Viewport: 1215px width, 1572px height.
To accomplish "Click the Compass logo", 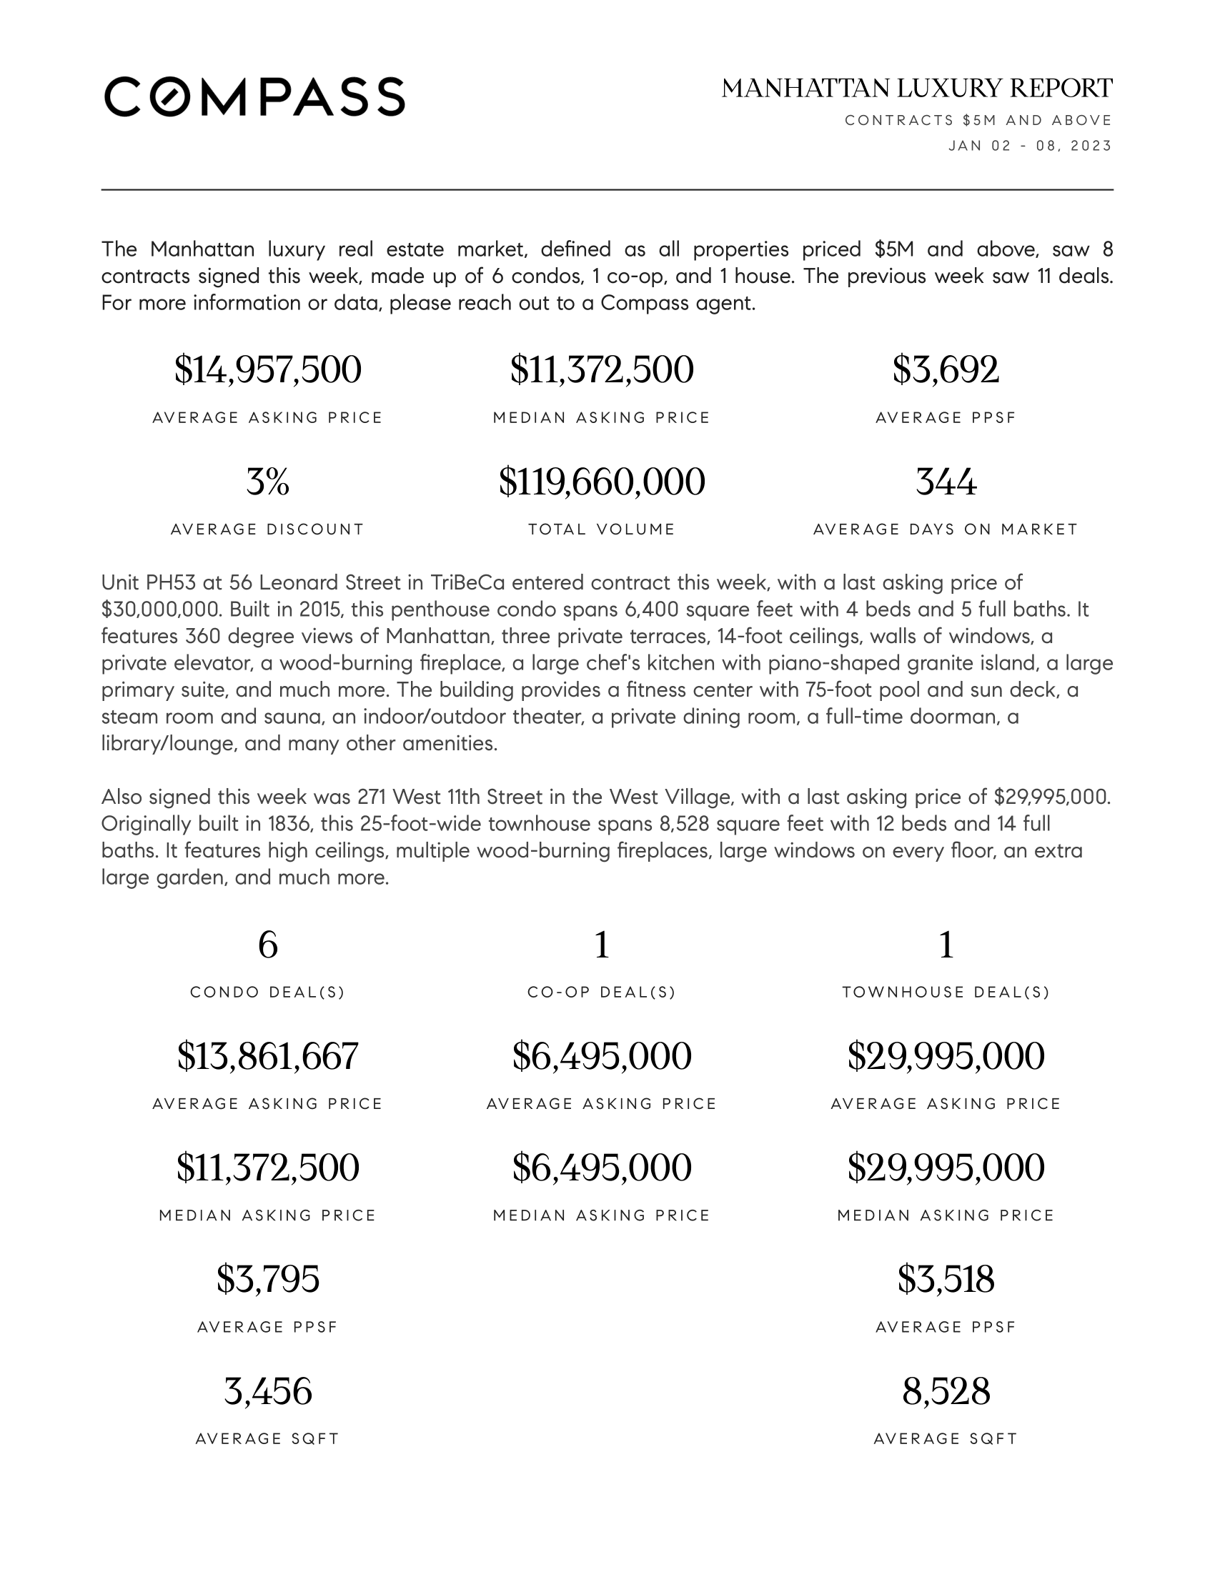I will coord(255,96).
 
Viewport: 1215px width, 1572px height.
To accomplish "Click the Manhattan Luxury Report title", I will coord(917,89).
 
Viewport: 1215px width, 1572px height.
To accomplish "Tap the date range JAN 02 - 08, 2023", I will coord(1030,146).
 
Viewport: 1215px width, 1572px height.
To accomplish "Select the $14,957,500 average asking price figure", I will coord(268,370).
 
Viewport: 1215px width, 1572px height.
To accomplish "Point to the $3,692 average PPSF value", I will coord(946,370).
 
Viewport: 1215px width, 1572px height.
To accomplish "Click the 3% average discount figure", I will coord(268,482).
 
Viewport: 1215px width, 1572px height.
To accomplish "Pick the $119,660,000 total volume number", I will coord(602,482).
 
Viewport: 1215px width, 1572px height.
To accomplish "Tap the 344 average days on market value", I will coord(946,482).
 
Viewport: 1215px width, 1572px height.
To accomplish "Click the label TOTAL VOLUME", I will coord(602,529).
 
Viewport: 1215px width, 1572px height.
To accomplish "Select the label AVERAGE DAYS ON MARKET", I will coord(946,529).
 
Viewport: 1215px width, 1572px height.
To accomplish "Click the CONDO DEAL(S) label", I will coord(268,993).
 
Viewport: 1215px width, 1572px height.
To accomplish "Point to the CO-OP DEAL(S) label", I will coord(602,993).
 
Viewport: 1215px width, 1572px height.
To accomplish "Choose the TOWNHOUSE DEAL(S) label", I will coord(946,993).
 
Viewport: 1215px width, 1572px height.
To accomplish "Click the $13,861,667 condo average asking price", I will coord(268,1057).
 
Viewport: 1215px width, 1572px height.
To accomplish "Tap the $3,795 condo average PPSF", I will coord(268,1280).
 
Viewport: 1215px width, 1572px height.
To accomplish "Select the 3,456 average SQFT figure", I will coord(268,1391).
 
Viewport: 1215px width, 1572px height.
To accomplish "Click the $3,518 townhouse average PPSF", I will coord(946,1280).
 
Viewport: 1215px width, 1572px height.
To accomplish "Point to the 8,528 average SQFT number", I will coord(946,1391).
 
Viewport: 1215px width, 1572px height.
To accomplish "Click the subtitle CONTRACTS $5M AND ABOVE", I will coord(978,120).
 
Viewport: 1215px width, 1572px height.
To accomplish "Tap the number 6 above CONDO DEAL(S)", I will coord(268,945).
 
